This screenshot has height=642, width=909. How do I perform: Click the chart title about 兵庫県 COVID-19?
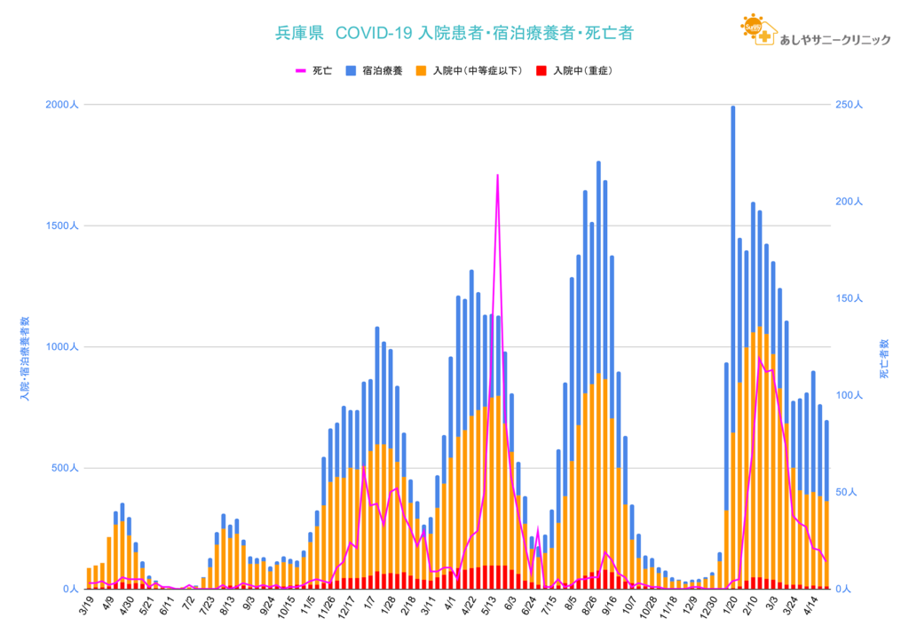tap(454, 34)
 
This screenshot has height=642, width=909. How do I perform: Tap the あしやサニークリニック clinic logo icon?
tap(757, 31)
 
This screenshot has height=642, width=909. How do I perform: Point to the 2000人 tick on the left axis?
tap(62, 105)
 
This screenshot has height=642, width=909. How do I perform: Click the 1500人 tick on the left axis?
tap(62, 226)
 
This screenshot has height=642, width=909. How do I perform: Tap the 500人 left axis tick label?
tap(64, 468)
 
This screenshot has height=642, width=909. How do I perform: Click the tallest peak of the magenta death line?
tap(497, 176)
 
